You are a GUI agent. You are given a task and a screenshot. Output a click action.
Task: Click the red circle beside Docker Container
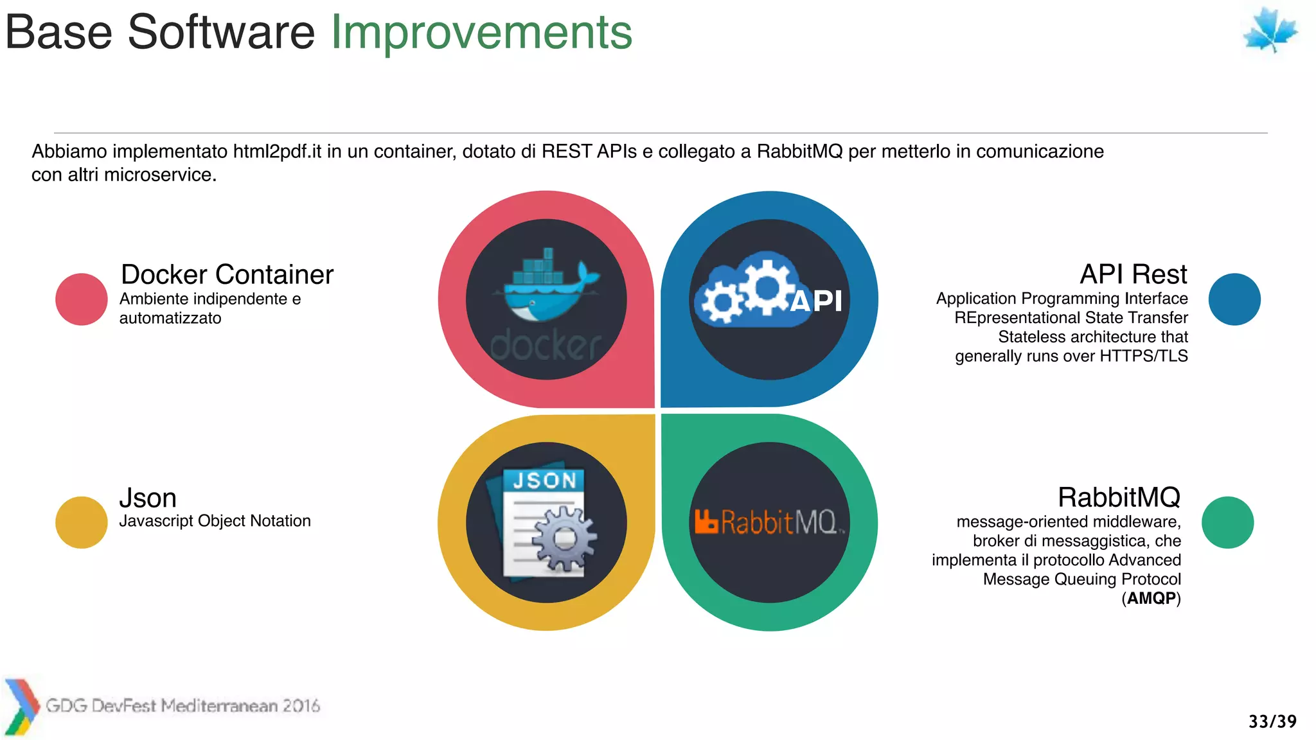coord(81,299)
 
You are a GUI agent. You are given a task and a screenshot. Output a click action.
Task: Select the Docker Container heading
coord(227,274)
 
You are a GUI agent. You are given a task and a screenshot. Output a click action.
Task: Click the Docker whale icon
coord(547,286)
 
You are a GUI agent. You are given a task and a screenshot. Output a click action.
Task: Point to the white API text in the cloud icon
coord(816,301)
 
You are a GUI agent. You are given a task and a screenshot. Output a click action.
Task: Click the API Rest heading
coord(1133,274)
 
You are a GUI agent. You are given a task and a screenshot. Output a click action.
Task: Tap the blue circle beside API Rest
coord(1234,299)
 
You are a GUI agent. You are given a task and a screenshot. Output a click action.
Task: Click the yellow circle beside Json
coord(81,522)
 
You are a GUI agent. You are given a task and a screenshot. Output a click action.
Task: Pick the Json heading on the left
coord(148,498)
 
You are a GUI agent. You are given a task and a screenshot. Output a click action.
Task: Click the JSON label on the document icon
coord(544,480)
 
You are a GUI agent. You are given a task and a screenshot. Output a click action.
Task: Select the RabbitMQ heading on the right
coord(1119,497)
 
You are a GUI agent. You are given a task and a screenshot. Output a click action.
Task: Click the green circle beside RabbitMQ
coord(1227,522)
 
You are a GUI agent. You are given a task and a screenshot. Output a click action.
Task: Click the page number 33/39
coord(1272,721)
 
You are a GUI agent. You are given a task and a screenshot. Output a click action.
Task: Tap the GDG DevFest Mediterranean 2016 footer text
coord(182,706)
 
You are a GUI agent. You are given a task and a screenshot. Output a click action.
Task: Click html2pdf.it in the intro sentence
coord(277,152)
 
